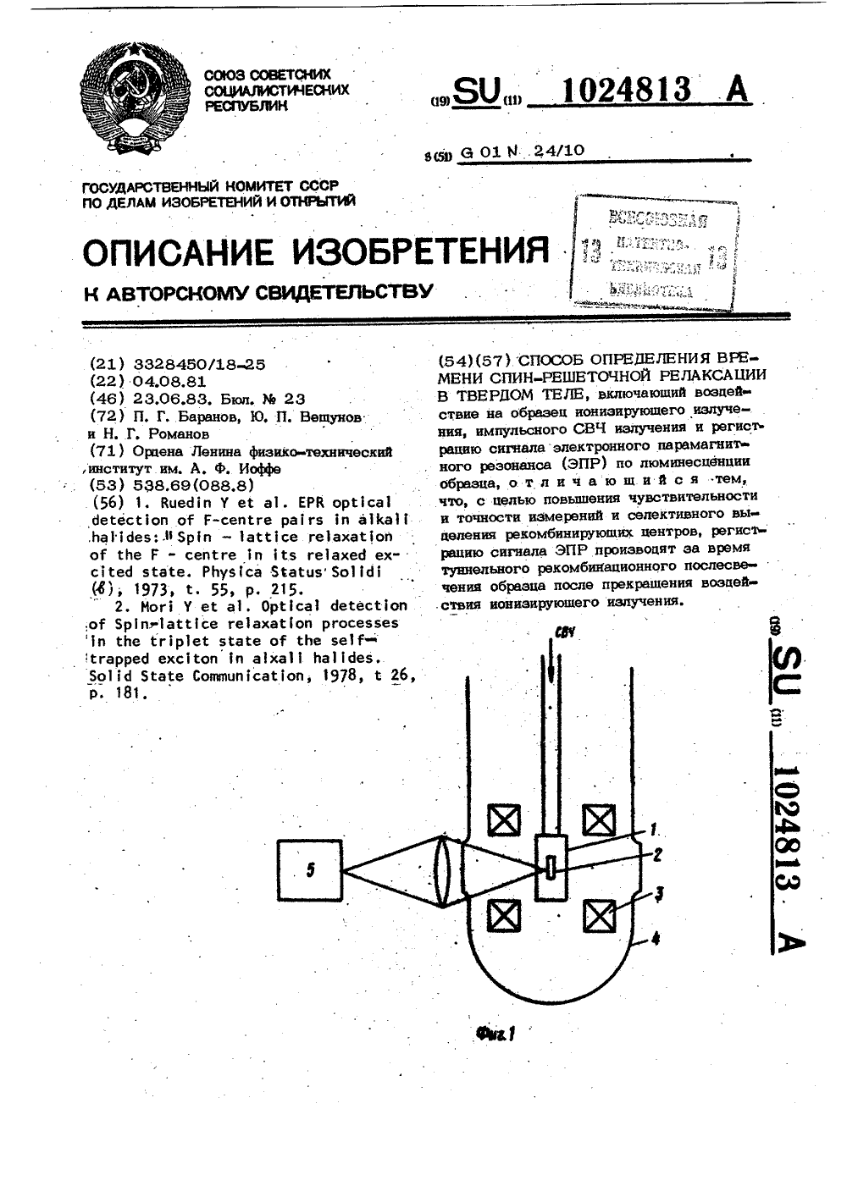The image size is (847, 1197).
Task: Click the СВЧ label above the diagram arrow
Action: pos(564,633)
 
